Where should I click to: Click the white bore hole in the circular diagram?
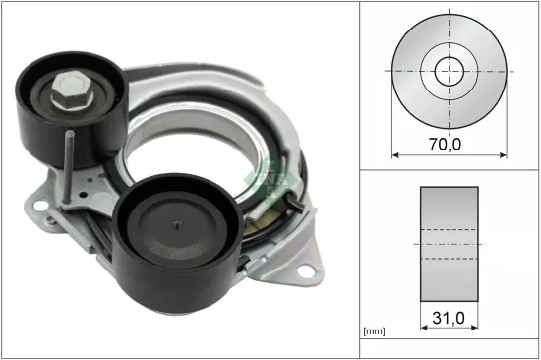[451, 71]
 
